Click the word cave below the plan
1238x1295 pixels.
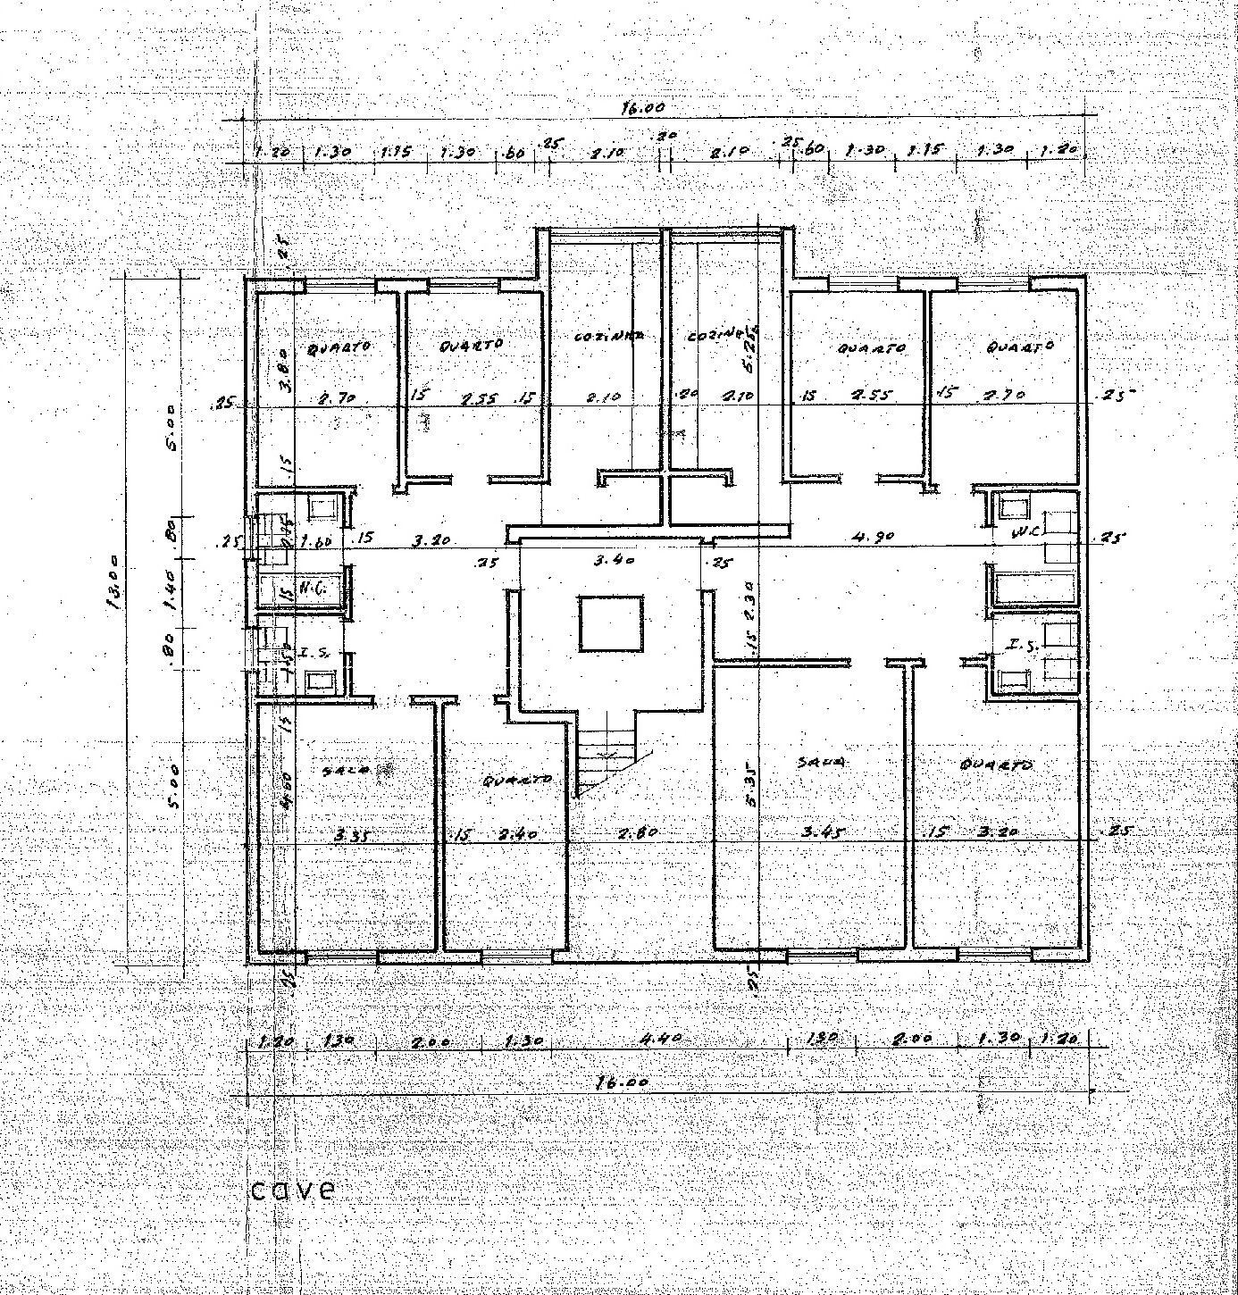[x=294, y=1190]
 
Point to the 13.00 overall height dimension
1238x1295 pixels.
[x=114, y=590]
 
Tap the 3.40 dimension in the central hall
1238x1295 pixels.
[x=614, y=561]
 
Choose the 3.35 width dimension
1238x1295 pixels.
[x=353, y=836]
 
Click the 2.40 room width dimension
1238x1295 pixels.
[x=515, y=834]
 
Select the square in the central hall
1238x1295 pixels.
[x=611, y=623]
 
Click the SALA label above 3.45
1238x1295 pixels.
[x=820, y=762]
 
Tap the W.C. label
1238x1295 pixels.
[x=1022, y=533]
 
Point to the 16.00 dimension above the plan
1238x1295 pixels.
[x=644, y=108]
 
